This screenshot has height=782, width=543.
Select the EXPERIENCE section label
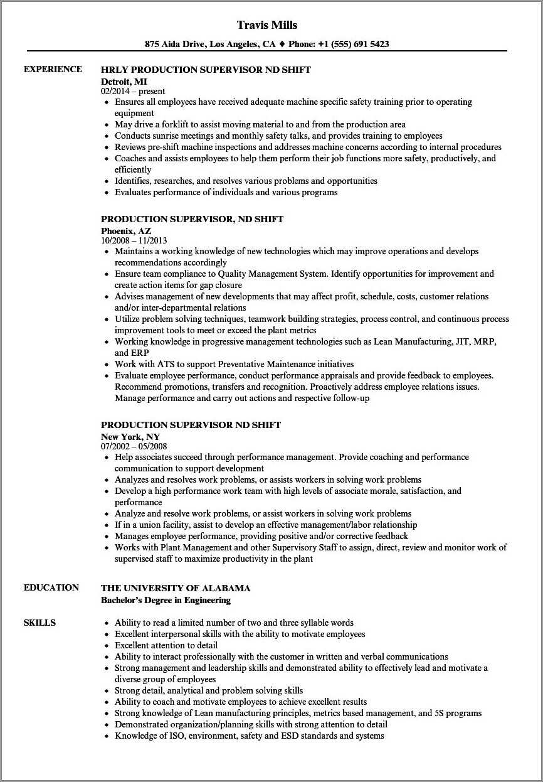[x=53, y=69]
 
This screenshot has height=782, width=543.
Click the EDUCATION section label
[x=51, y=587]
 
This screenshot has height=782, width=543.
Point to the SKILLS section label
[x=40, y=623]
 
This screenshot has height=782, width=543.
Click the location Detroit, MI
[x=124, y=81]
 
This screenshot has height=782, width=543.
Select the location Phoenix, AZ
[x=126, y=230]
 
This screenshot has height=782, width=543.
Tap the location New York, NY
[x=130, y=436]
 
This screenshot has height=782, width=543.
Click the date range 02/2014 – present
[x=133, y=91]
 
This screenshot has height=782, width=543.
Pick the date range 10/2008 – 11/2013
[x=134, y=240]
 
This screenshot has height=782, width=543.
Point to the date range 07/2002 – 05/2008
[x=134, y=446]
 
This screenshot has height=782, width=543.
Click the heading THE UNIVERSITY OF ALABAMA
[x=176, y=588]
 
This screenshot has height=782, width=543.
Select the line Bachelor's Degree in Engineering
[x=166, y=600]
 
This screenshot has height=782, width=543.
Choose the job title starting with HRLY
[x=206, y=70]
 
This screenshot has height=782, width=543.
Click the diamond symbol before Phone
[x=282, y=45]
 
